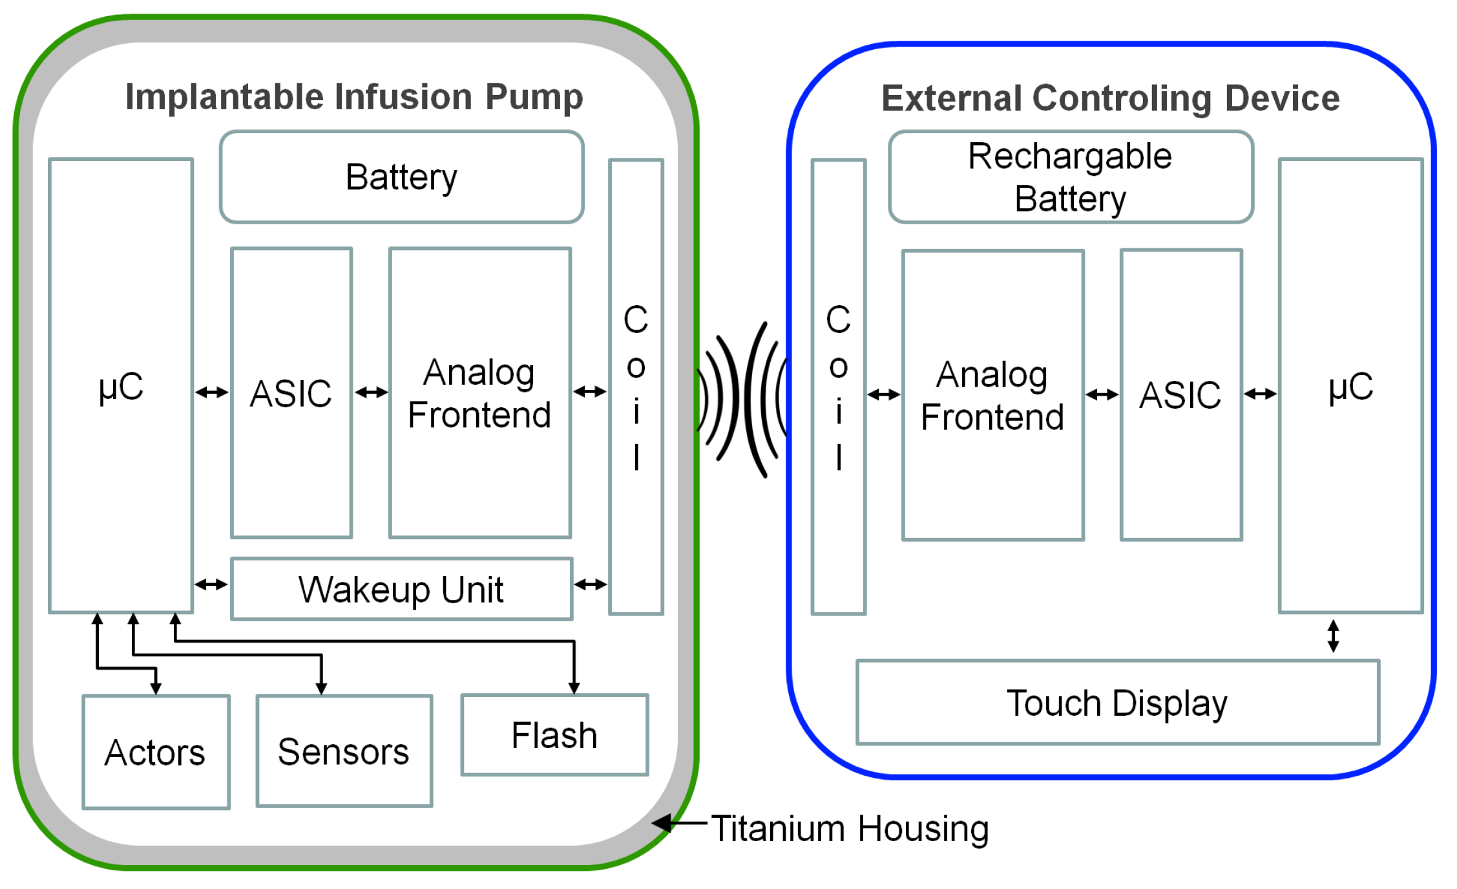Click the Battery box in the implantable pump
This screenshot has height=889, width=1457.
[x=402, y=177]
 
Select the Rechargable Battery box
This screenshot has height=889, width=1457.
[x=1071, y=177]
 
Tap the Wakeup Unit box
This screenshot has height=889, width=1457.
[x=402, y=589]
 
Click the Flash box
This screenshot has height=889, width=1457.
[x=555, y=734]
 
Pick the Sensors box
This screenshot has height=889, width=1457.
[x=344, y=751]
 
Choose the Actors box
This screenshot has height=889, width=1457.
[x=156, y=752]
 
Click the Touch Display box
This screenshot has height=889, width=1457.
[x=1118, y=702]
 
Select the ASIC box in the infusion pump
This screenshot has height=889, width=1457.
[x=291, y=392]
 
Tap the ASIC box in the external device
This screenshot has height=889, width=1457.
[x=1181, y=394]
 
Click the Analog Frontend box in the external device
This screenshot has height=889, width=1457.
[x=993, y=394]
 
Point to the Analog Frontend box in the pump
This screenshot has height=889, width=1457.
[x=480, y=392]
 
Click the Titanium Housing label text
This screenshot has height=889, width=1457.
[x=850, y=828]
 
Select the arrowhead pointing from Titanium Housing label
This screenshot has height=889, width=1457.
[x=662, y=824]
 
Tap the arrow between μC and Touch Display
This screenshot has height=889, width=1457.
[x=1333, y=636]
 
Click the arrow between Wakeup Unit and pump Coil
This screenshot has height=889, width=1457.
[x=591, y=584]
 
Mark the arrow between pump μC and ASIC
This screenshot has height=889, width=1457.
[x=212, y=392]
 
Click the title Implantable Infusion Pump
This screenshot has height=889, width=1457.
[x=354, y=98]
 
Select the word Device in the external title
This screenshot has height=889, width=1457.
[x=1282, y=98]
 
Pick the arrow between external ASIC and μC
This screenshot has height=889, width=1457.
[x=1261, y=393]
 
